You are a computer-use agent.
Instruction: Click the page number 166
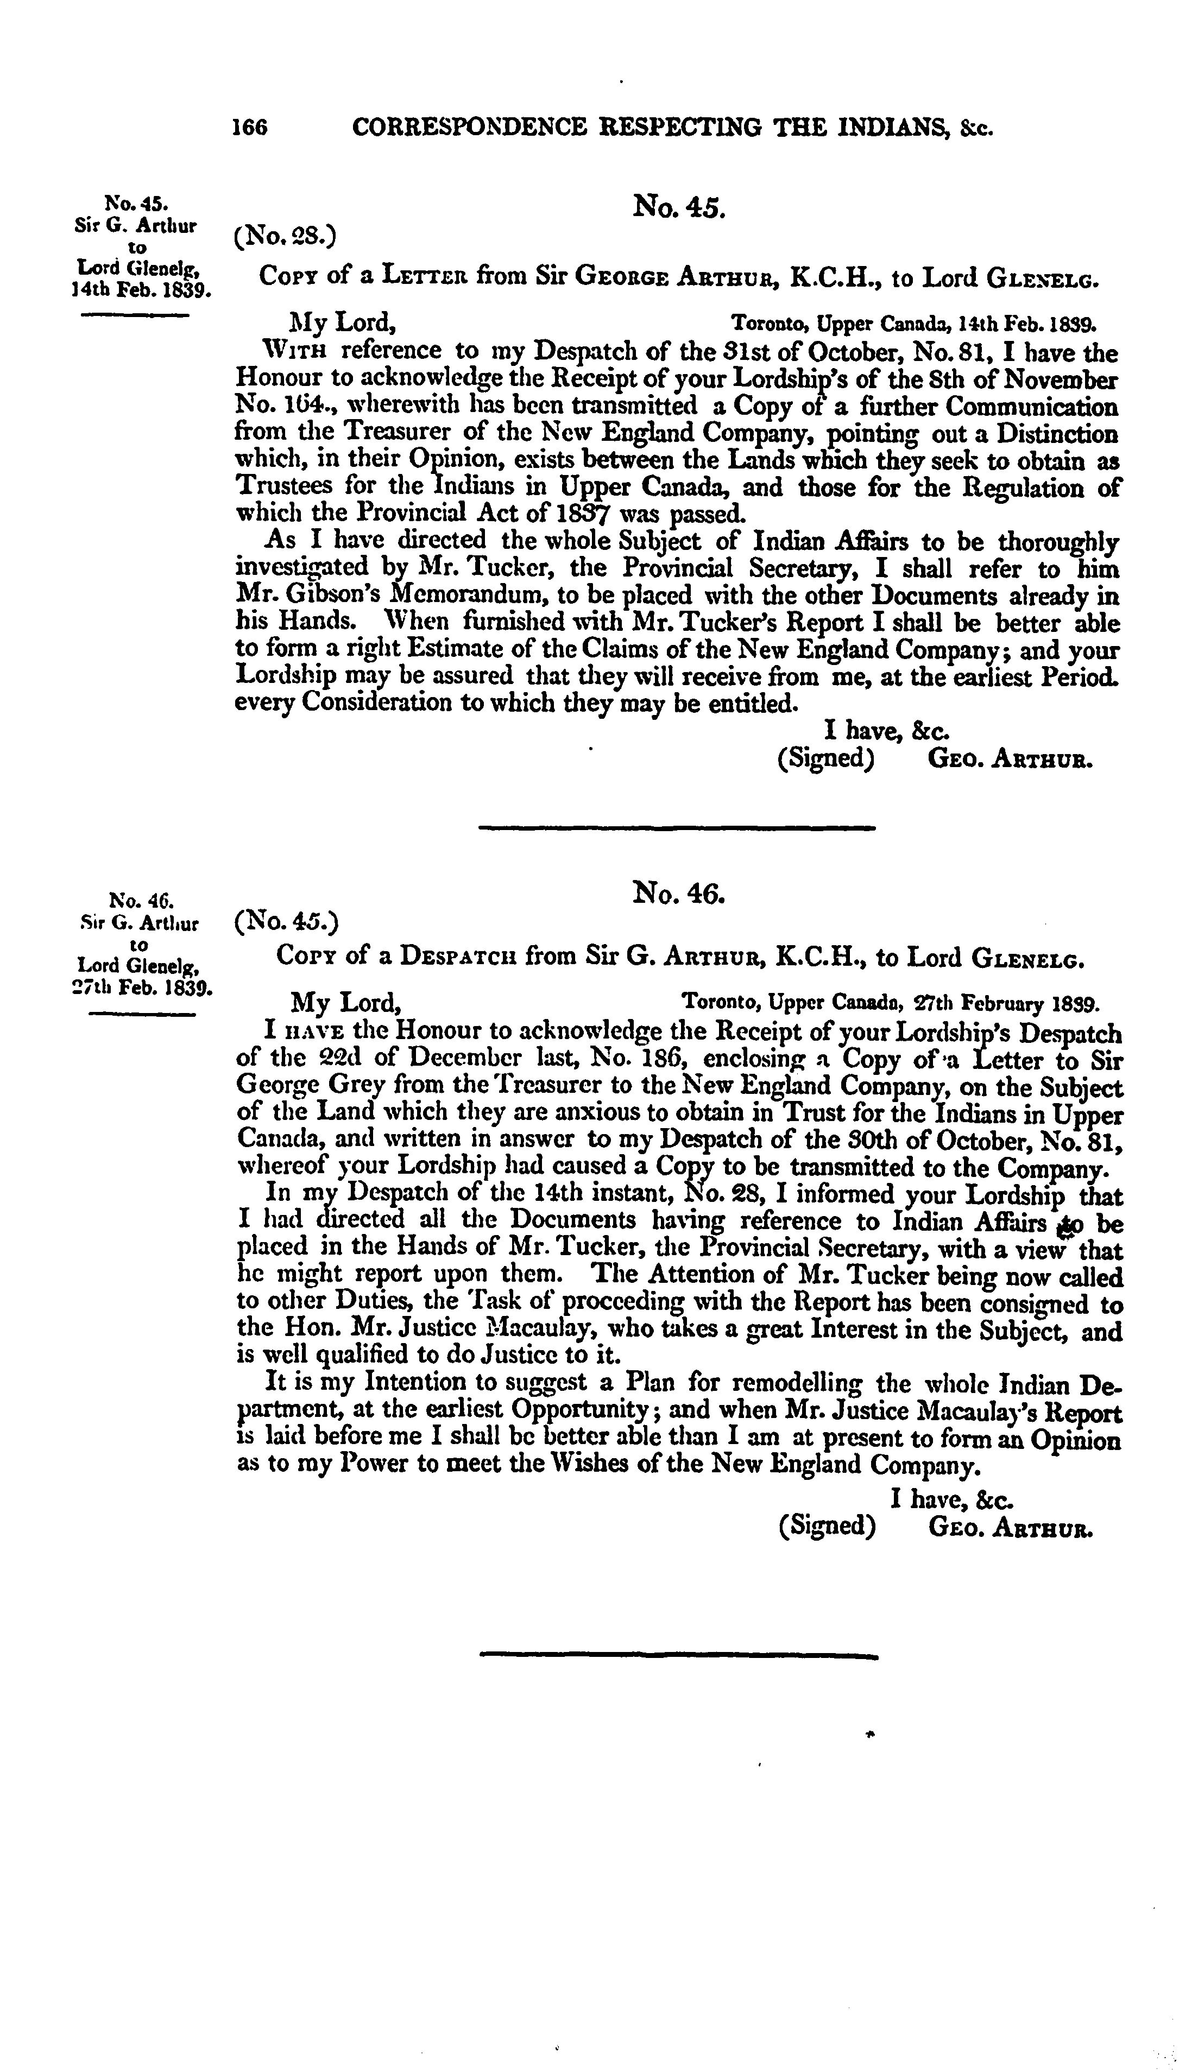(250, 128)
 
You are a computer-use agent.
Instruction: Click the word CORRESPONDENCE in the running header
(468, 128)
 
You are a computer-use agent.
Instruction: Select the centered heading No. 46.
(679, 890)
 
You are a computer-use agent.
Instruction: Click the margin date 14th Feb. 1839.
(142, 290)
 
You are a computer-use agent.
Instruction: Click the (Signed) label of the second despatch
(827, 1525)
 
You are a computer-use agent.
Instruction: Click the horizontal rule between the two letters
(677, 827)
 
